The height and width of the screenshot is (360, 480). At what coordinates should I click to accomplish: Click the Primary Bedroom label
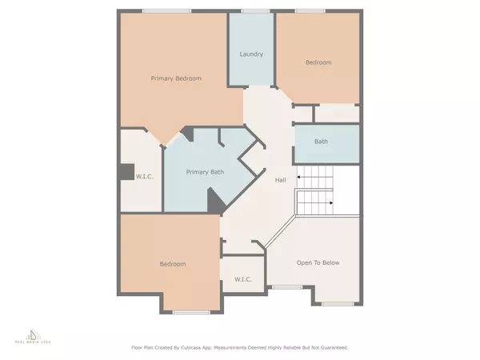pos(176,78)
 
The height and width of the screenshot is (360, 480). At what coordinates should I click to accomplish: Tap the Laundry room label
pos(252,54)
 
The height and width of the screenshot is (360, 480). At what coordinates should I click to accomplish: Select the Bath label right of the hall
pos(321,142)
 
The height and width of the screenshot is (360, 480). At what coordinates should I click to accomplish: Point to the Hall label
pos(281,180)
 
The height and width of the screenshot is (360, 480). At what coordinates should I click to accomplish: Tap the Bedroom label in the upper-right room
pos(318,62)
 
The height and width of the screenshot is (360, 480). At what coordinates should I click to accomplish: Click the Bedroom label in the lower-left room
pos(172,264)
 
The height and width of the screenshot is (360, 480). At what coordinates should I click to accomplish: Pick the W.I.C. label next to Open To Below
pos(244,279)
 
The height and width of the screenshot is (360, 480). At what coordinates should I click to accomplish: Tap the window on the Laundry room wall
pos(254,10)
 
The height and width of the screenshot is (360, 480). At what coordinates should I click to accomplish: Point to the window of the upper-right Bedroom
pos(312,10)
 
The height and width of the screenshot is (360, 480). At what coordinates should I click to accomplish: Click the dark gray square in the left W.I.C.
pos(126,172)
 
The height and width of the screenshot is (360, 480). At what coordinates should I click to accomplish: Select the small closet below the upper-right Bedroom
pos(335,114)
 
